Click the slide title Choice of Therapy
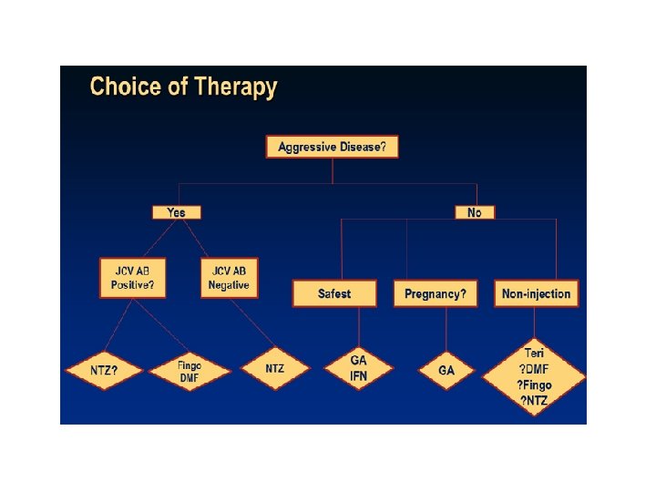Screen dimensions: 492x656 (183, 88)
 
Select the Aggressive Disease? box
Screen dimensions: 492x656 (332, 147)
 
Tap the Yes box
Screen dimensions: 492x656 (176, 212)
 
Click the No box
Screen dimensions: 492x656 (475, 212)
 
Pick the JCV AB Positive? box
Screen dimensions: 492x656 (133, 277)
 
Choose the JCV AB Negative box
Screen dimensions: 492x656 (230, 277)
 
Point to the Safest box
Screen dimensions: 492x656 (334, 293)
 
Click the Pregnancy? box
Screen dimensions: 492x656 (436, 293)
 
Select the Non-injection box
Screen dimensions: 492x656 (537, 293)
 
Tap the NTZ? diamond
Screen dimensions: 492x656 (104, 371)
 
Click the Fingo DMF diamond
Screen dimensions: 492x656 (189, 372)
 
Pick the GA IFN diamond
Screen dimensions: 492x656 (359, 369)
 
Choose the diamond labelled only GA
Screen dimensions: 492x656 (446, 371)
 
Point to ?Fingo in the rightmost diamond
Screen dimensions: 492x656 (535, 385)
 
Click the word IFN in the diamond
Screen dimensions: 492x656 (359, 377)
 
